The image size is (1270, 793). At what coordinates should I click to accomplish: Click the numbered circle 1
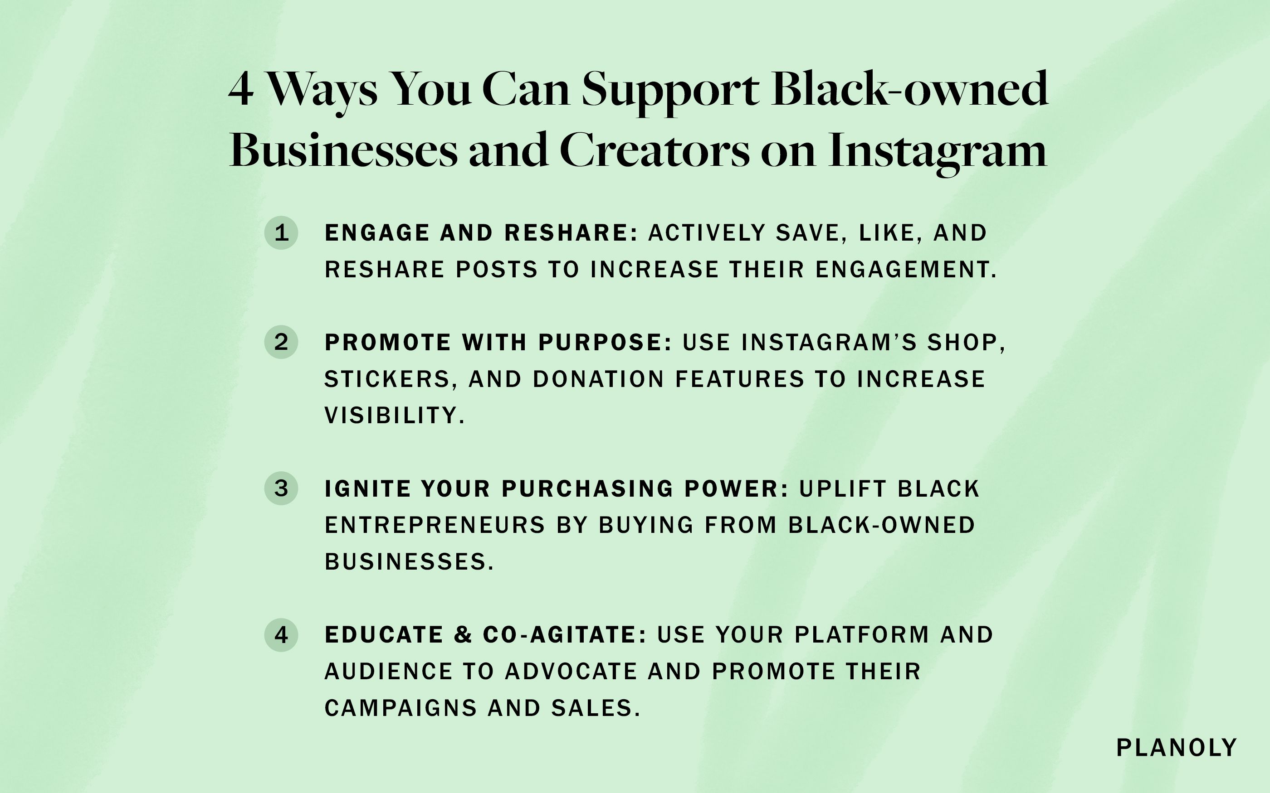coord(281,232)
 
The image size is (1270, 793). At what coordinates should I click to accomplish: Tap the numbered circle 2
coord(281,342)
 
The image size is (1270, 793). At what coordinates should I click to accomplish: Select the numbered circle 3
coord(281,488)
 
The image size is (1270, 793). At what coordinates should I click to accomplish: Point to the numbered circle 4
coord(281,634)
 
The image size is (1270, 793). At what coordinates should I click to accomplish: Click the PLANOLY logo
coord(1177,748)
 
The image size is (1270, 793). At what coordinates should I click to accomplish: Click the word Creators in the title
coord(655,150)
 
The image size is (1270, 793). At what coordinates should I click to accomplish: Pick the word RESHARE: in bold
coord(571,233)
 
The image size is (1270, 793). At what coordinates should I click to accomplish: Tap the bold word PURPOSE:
coord(605,343)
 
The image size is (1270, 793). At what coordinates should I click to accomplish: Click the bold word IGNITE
coord(367,489)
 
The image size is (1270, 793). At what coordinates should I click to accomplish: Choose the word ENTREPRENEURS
coord(435,525)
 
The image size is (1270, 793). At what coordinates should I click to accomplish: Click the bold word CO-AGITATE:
coord(565,634)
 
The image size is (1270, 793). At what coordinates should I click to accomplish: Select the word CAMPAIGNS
coord(401,708)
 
